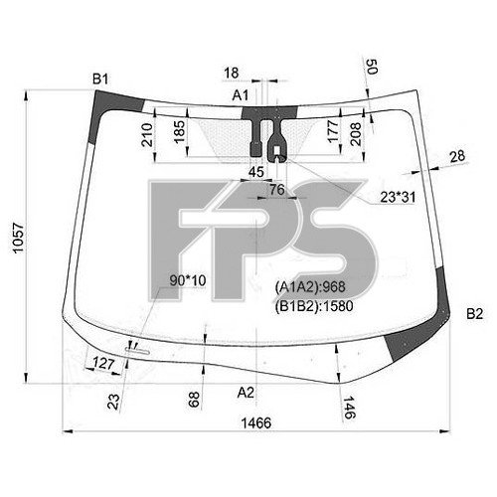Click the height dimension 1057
click(x=19, y=238)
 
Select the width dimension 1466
click(x=256, y=423)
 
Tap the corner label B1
click(x=100, y=80)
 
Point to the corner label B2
click(x=475, y=314)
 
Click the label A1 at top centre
click(x=241, y=95)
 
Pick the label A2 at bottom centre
click(x=246, y=393)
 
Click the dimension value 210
click(x=147, y=135)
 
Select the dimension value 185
click(x=179, y=131)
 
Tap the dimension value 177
click(x=333, y=131)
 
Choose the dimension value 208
click(x=356, y=134)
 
